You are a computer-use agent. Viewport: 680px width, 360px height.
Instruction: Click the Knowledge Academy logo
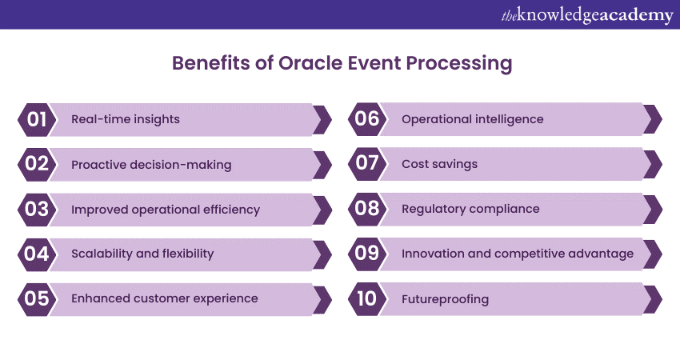587,16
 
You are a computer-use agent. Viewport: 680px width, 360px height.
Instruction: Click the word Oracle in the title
310,63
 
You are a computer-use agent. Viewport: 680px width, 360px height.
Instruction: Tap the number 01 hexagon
37,120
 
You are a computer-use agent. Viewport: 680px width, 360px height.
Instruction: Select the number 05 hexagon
37,299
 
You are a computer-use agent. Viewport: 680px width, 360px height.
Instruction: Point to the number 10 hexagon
367,299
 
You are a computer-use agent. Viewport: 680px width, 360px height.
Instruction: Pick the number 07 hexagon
367,164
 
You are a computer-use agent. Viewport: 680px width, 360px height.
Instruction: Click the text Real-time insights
126,119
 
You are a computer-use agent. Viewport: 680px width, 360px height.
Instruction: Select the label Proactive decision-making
151,165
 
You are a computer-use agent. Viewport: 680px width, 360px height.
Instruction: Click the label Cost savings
439,164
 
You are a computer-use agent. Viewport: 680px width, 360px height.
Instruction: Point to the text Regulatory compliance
470,209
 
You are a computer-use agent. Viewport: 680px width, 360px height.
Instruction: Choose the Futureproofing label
445,299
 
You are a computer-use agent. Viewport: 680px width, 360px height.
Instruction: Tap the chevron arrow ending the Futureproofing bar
653,299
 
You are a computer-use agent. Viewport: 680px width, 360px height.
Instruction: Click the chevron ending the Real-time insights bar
322,120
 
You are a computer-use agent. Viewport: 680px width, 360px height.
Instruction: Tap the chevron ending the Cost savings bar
653,164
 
